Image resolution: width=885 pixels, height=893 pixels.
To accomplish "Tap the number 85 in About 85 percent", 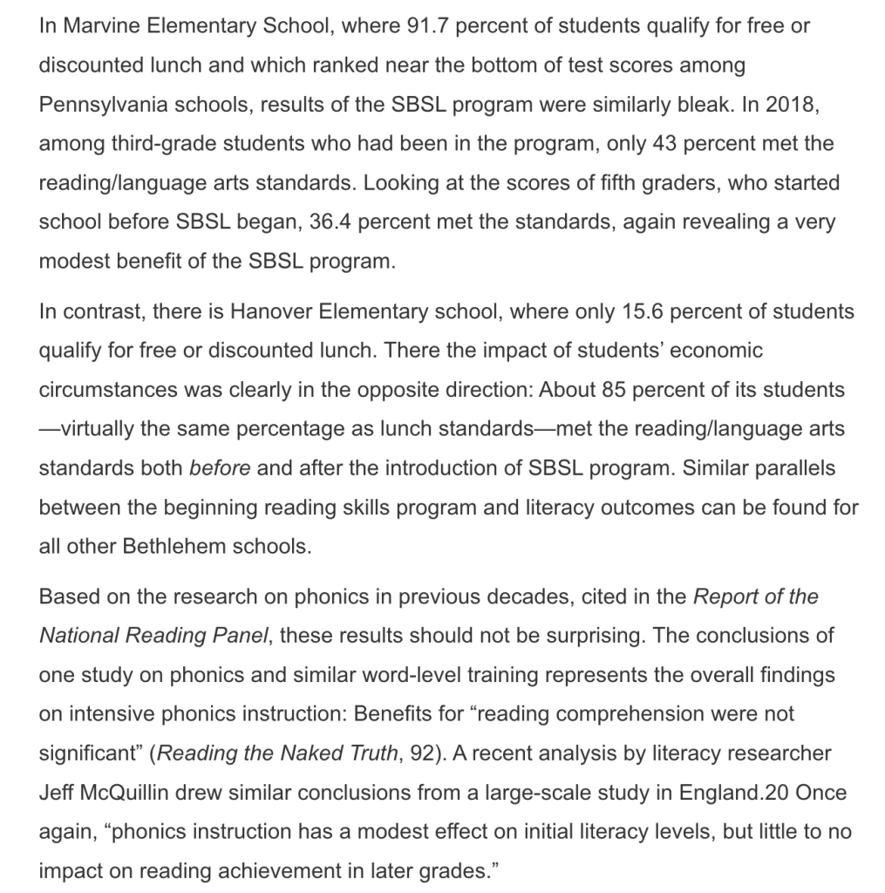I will tap(613, 390).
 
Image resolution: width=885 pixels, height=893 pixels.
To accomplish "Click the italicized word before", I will tap(220, 468).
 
